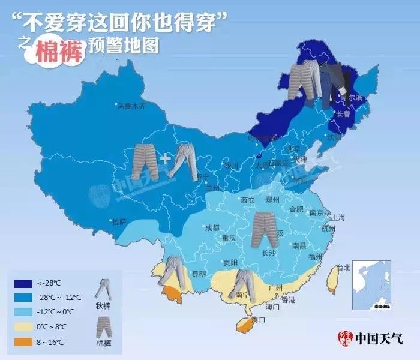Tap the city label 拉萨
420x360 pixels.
[x=119, y=221]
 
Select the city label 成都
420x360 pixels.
[x=212, y=228]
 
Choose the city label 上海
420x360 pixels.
[x=338, y=218]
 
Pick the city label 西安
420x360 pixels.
[x=248, y=200]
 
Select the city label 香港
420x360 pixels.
[x=289, y=299]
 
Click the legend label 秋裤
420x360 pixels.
[x=104, y=304]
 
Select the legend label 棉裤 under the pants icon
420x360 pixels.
[x=104, y=343]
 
